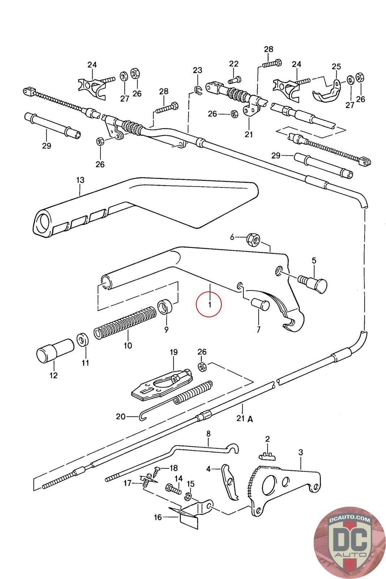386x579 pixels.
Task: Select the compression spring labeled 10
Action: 125,323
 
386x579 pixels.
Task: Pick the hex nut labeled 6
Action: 253,239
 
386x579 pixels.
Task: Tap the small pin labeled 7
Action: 260,304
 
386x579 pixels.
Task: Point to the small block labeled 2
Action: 268,457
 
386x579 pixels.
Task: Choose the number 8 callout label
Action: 208,433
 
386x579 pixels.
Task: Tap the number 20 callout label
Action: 120,417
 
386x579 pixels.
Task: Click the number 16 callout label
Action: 158,518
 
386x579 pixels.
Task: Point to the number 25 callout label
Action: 336,67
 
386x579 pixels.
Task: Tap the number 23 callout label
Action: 198,70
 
